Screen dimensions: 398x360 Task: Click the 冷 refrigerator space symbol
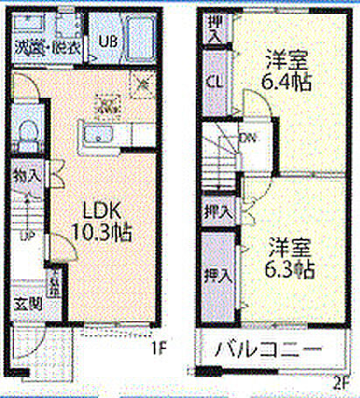point(142,85)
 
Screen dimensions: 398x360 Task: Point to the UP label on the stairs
point(28,237)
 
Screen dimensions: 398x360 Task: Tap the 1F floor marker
point(158,351)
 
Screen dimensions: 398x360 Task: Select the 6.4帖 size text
point(288,84)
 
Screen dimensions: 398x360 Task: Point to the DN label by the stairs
point(248,137)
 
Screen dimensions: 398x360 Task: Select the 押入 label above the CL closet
point(213,32)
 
